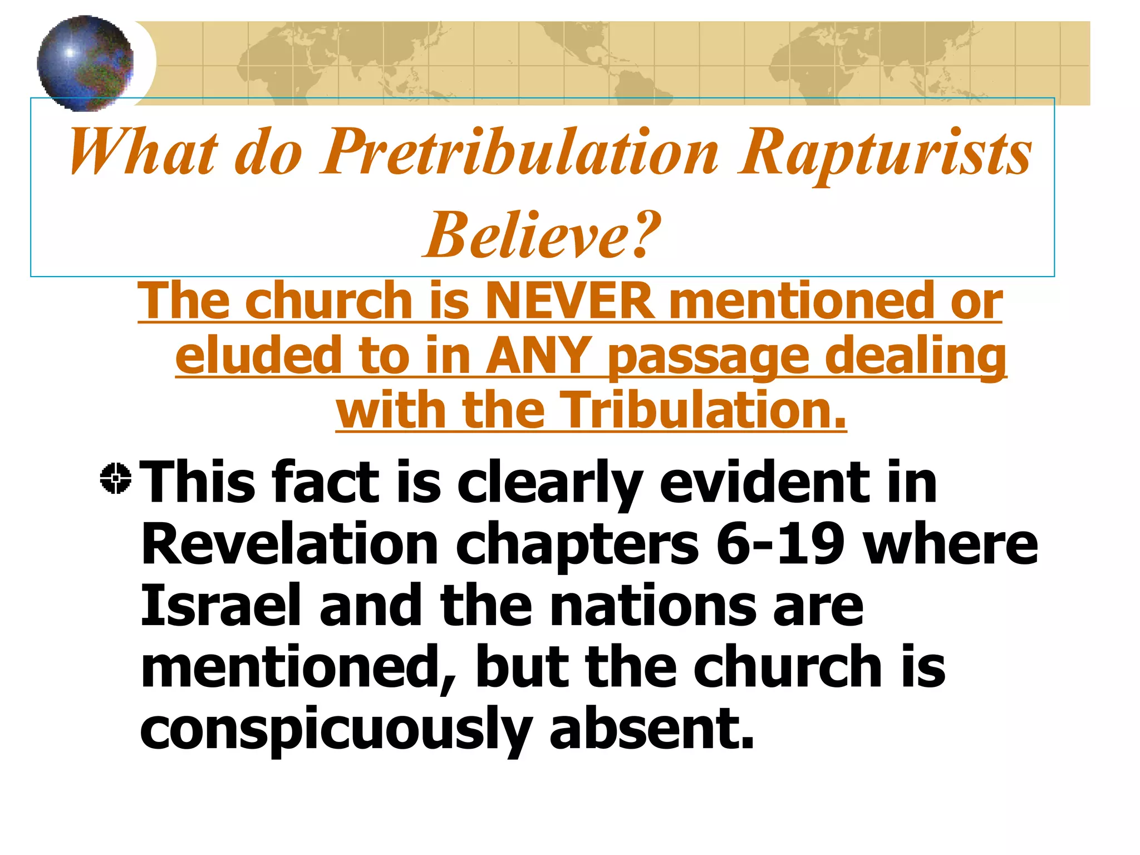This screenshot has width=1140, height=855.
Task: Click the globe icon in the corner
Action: tap(85, 63)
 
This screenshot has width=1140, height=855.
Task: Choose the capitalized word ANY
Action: tap(537, 356)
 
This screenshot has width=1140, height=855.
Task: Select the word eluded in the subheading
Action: tap(258, 356)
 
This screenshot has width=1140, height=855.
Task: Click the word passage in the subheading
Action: tap(707, 357)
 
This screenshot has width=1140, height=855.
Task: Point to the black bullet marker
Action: tap(116, 478)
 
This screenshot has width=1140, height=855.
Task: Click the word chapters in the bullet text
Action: tap(577, 546)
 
